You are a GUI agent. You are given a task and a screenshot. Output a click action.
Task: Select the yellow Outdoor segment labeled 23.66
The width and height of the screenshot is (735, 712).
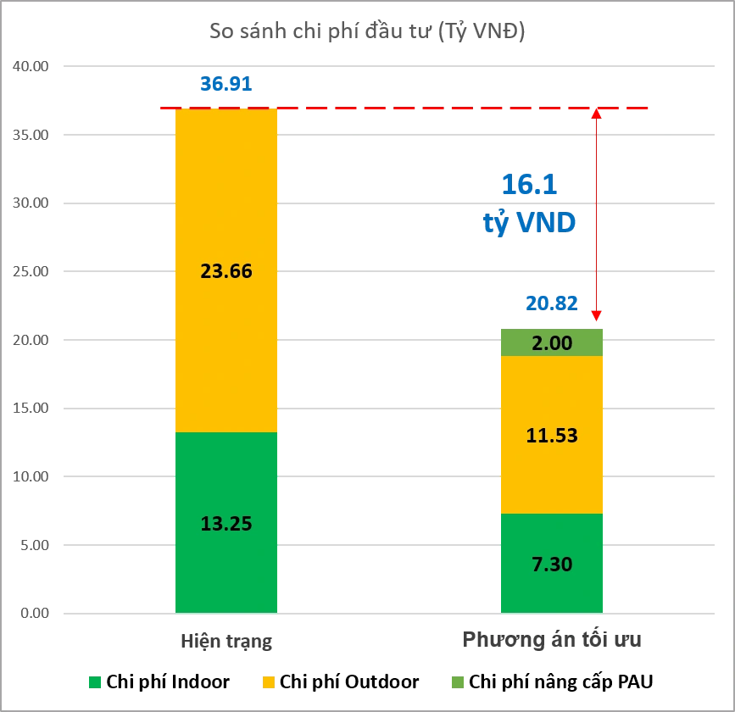point(226,270)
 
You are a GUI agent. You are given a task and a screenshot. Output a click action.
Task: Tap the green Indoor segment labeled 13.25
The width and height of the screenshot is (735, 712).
point(226,523)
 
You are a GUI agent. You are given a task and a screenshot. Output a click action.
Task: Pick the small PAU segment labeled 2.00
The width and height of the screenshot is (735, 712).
point(552,342)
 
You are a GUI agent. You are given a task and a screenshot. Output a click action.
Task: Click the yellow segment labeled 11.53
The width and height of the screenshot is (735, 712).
point(552,435)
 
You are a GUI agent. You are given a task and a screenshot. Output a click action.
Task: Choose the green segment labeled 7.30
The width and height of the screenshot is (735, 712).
point(552,564)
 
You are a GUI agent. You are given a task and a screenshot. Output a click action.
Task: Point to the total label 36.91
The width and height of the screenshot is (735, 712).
point(226,84)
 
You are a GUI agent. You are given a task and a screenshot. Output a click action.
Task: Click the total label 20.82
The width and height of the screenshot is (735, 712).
point(552,303)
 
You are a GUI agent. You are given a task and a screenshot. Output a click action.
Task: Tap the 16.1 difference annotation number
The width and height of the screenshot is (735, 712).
point(529,184)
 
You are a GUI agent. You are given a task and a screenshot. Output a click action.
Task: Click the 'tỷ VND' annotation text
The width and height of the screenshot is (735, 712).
point(529,223)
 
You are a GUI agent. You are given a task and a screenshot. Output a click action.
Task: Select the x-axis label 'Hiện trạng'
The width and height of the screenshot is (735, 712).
point(226,641)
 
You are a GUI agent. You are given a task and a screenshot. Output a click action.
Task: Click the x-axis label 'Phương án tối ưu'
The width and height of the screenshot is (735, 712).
point(552,639)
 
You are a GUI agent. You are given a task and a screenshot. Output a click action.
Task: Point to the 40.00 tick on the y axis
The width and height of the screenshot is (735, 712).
point(31,66)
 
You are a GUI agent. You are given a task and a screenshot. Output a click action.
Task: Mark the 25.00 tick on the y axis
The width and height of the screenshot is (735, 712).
point(31,271)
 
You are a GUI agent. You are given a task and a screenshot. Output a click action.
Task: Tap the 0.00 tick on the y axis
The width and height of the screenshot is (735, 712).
point(35,613)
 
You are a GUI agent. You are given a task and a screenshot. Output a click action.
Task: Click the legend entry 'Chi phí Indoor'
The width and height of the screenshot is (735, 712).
point(159,682)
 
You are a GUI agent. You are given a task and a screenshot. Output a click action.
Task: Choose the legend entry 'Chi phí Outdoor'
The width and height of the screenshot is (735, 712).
point(341,682)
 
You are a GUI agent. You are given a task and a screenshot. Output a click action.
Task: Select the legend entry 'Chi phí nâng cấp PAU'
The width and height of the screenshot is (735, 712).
point(552,682)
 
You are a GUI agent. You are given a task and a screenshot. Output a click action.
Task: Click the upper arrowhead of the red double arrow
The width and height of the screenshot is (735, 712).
point(596,114)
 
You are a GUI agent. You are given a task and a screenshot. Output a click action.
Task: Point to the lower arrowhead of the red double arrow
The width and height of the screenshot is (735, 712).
point(596,315)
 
